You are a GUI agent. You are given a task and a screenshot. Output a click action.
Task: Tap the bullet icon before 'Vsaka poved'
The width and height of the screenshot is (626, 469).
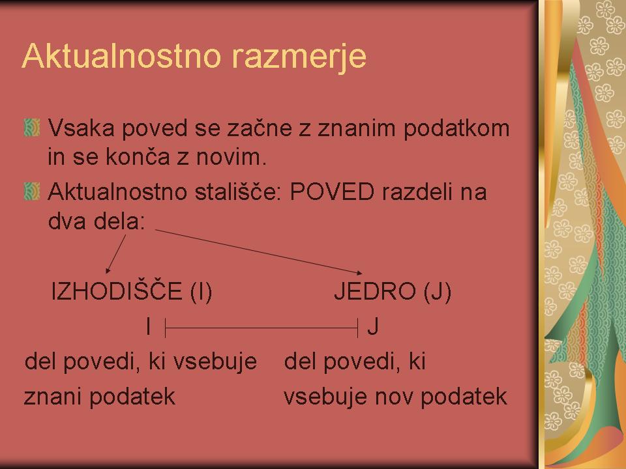click(x=32, y=128)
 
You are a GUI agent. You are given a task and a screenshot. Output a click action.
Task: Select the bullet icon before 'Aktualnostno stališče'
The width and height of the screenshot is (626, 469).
click(x=32, y=192)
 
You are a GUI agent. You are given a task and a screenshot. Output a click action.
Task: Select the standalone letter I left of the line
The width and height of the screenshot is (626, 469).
click(x=149, y=326)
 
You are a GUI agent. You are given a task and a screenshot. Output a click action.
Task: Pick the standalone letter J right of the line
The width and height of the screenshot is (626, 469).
click(x=373, y=326)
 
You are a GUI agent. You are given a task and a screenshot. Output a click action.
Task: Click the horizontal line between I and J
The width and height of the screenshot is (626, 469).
click(x=261, y=328)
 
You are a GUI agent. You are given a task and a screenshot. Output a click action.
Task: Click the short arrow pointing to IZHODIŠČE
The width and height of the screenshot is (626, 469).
click(x=116, y=253)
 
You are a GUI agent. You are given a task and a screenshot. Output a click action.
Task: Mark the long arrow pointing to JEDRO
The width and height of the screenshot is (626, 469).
click(x=259, y=252)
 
